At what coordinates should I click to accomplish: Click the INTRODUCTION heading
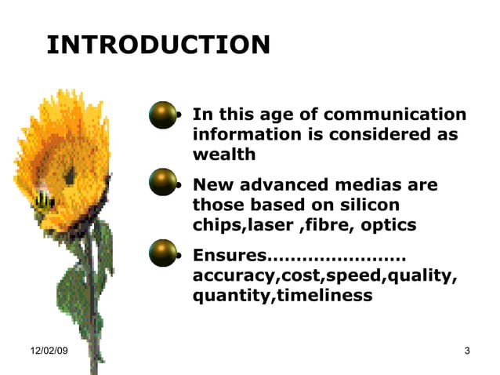[x=158, y=45]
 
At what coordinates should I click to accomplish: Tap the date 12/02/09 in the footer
[x=49, y=351]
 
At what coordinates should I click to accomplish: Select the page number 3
[x=467, y=351]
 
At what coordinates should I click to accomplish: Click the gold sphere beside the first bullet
[x=163, y=115]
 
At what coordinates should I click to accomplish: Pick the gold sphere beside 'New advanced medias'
[x=163, y=183]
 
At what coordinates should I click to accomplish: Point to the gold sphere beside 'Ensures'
[x=163, y=253]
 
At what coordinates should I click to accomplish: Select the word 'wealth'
[x=224, y=155]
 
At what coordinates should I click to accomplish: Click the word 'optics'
[x=389, y=226]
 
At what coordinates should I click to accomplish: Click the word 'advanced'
[x=276, y=186]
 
